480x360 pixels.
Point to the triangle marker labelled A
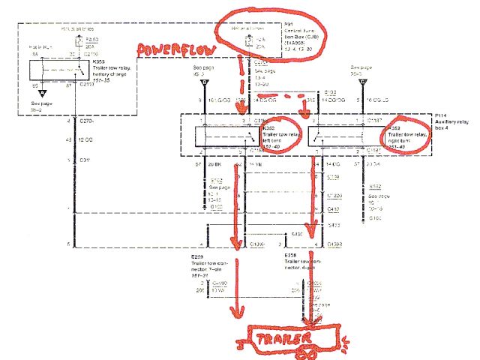[x=44, y=93]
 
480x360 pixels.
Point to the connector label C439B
[x=334, y=244]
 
